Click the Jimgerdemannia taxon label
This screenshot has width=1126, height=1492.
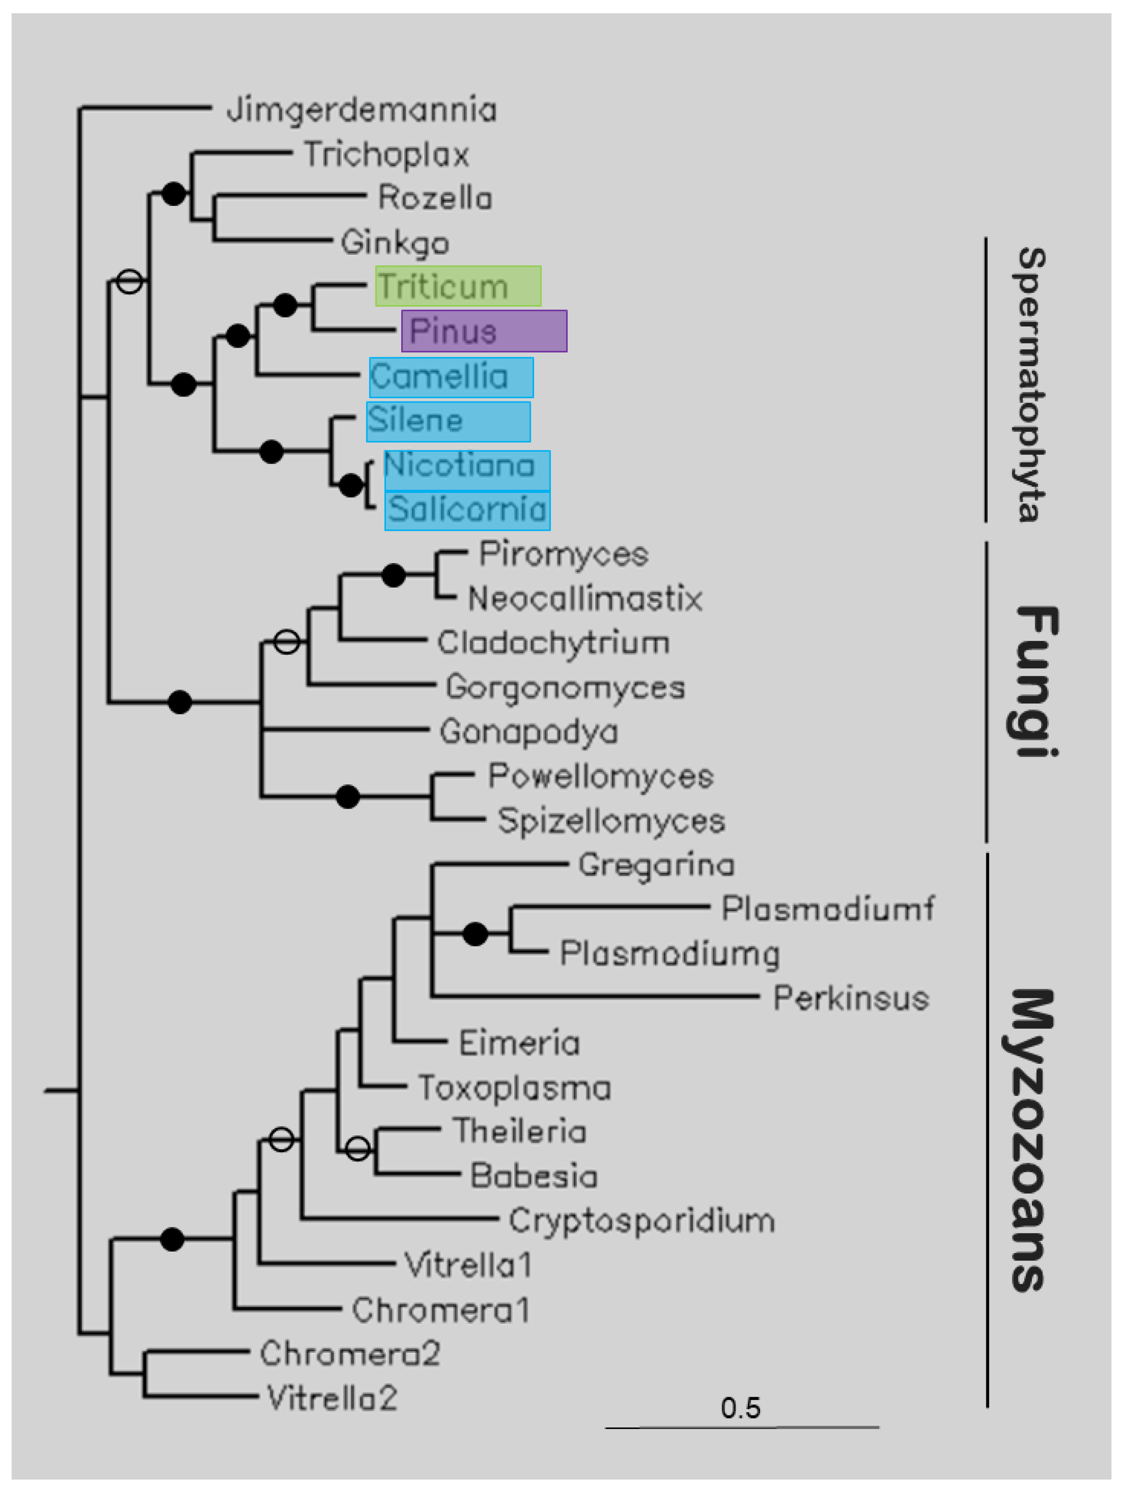pos(362,110)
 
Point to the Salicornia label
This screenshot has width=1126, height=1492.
pos(467,509)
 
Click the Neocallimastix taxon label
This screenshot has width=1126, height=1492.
pos(585,598)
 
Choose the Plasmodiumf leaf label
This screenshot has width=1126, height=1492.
pos(827,909)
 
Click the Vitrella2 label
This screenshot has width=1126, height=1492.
pos(332,1398)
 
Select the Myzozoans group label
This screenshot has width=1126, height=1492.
pos(1030,1140)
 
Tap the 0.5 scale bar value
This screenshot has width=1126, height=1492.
pos(740,1408)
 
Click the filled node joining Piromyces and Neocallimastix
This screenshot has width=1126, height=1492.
pos(393,576)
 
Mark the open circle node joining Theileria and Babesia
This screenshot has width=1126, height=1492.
pos(358,1148)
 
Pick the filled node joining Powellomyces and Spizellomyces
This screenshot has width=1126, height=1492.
pos(347,797)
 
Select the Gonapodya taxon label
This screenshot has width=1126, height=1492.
pos(528,732)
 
